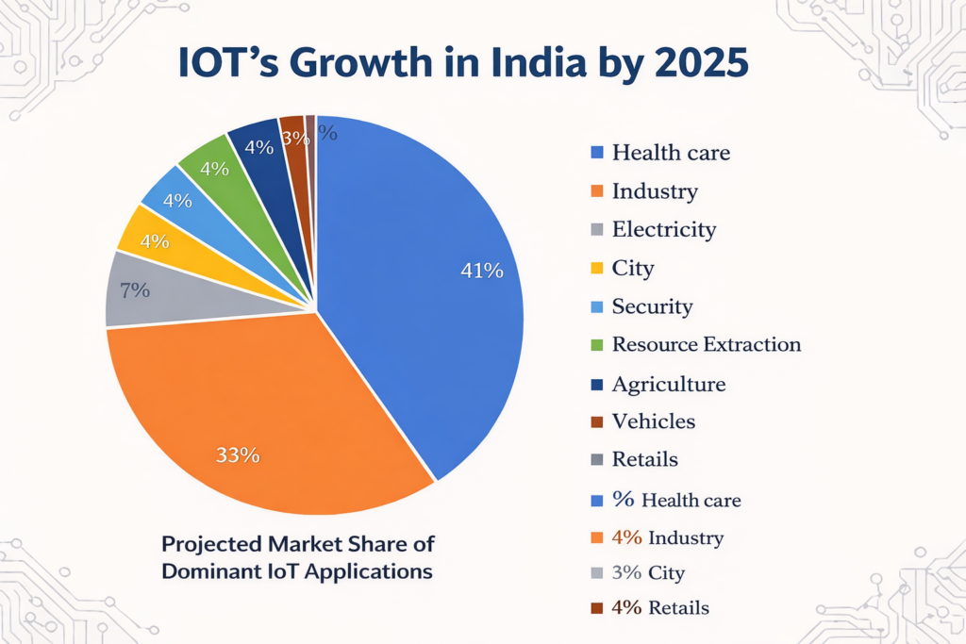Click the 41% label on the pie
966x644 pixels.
click(x=481, y=271)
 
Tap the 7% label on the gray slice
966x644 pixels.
click(x=135, y=290)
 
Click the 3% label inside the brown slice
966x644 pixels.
click(x=295, y=138)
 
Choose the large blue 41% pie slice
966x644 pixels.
click(x=425, y=283)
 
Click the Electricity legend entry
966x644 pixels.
click(x=663, y=229)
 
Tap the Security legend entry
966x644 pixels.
click(x=652, y=306)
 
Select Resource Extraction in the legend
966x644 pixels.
click(x=706, y=344)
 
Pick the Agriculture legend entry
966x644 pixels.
click(x=668, y=384)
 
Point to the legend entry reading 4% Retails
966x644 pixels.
click(x=659, y=608)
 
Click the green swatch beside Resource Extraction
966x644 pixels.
click(x=596, y=345)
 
